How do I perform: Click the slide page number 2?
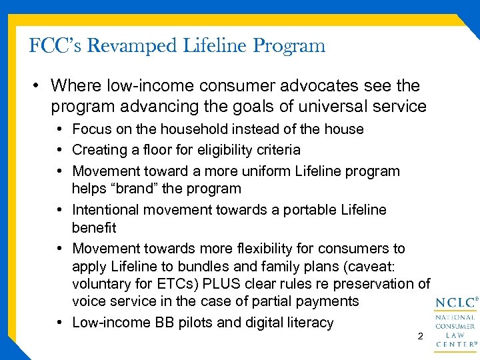[x=419, y=337]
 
